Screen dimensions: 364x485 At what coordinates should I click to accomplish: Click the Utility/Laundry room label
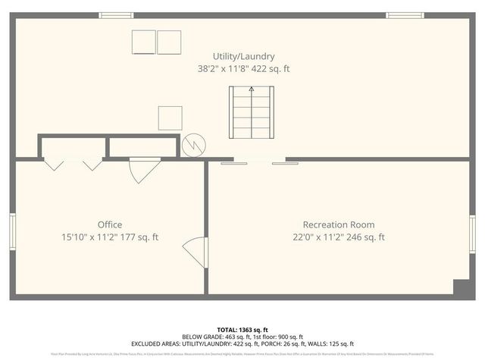242,56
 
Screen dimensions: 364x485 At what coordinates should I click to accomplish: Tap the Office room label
110,224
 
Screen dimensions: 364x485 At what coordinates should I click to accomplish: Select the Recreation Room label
339,224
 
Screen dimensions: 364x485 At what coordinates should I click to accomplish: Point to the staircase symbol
252,112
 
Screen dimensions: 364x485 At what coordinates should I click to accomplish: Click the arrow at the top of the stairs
252,89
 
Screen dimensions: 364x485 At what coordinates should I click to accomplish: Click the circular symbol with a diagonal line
194,144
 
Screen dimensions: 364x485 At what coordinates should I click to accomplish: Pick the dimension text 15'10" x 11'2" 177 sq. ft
110,237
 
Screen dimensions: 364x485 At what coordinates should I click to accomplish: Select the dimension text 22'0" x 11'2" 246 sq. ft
339,237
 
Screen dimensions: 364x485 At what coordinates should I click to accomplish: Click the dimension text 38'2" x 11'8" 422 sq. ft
242,68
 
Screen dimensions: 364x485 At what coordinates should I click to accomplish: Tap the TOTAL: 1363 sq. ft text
242,330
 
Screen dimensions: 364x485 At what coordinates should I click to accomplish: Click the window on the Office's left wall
12,231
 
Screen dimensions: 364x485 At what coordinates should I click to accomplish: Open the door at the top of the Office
141,169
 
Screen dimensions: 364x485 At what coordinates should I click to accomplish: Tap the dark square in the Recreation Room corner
460,287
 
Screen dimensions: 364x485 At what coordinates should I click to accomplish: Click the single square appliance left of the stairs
170,118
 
